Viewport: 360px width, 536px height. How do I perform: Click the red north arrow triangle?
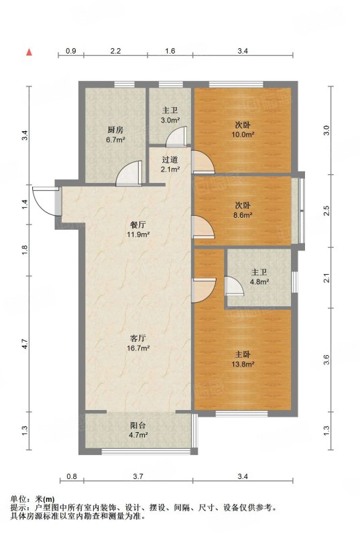29,52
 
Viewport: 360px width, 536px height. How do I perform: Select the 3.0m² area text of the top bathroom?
170,120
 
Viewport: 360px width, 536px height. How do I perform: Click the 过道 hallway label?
170,159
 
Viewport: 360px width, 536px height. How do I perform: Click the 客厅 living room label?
139,338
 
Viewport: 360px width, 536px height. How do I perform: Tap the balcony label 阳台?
139,425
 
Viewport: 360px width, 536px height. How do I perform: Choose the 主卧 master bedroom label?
243,354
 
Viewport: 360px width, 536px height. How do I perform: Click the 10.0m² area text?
243,135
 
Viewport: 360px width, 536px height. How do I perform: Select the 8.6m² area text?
243,215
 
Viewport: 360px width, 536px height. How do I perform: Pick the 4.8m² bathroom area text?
259,282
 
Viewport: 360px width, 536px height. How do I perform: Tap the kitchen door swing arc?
128,174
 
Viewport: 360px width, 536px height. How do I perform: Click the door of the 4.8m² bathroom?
234,286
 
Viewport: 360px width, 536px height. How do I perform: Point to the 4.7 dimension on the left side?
24,344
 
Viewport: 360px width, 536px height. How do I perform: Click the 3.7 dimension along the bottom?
138,476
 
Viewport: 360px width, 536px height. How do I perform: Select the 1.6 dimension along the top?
170,51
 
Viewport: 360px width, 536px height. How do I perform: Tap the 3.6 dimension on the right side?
327,360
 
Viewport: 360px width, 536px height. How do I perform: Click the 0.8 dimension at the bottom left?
72,476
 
